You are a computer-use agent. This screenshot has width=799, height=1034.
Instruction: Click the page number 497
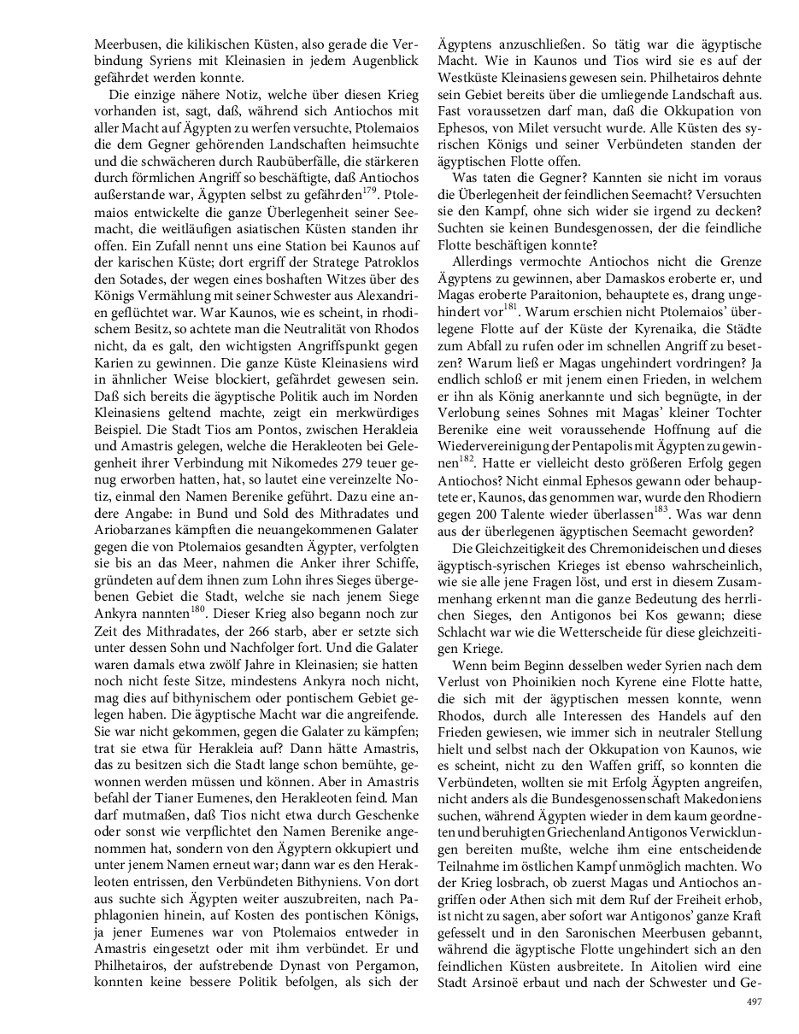[x=754, y=1002]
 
